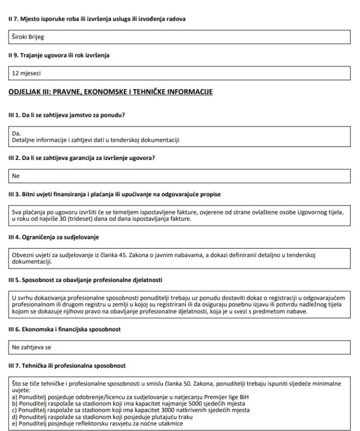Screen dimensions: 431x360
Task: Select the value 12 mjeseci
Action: click(26, 74)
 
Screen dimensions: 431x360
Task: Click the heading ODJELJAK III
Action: click(111, 92)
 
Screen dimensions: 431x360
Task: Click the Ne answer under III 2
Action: click(16, 176)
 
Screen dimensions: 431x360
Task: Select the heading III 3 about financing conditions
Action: click(115, 194)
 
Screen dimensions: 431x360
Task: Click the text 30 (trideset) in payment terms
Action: click(112, 219)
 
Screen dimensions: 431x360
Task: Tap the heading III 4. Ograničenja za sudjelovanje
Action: click(54, 237)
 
